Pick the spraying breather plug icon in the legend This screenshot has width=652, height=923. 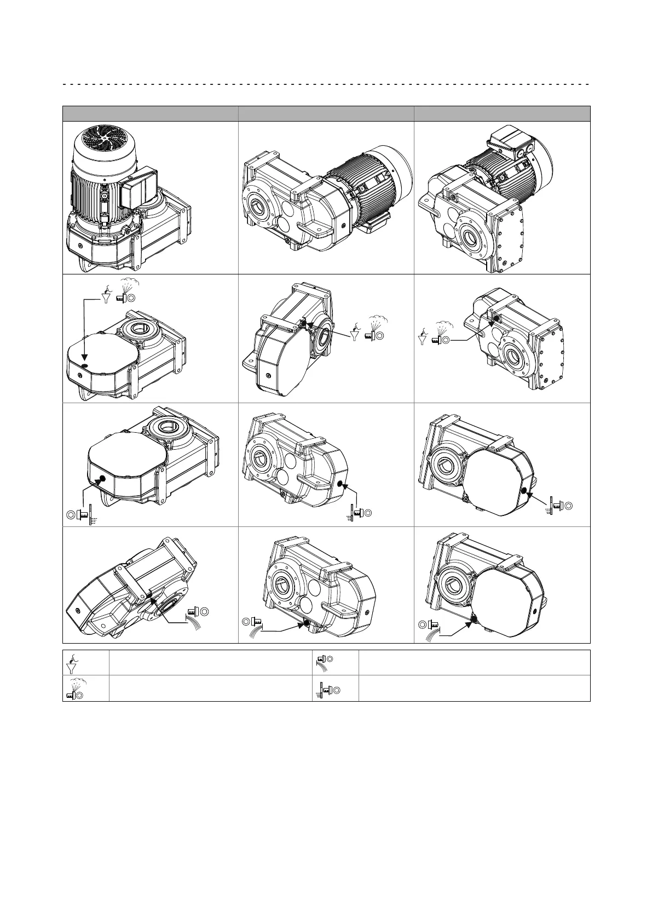pos(74,689)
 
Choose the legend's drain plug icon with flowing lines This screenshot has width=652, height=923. pos(324,662)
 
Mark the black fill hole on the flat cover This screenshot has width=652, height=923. pos(84,365)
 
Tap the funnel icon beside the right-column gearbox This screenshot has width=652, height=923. pos(423,337)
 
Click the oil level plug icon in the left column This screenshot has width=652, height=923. pos(82,515)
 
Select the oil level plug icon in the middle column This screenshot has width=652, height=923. pos(359,513)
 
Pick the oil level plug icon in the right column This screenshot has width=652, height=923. pos(558,507)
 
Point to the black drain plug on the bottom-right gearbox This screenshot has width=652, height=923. pos(473,620)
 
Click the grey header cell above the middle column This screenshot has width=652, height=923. pos(326,113)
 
